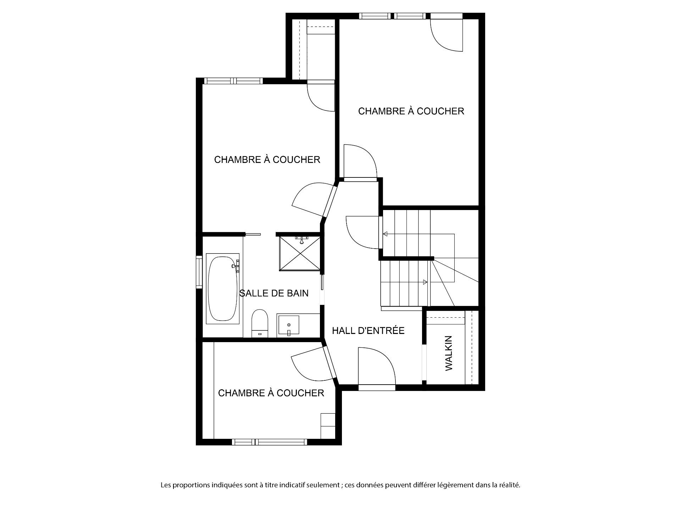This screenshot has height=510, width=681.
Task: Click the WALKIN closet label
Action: [x=449, y=353]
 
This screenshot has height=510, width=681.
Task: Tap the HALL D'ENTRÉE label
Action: [x=368, y=331]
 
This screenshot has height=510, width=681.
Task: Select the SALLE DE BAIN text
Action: [x=274, y=293]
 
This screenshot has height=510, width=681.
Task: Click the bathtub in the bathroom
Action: [x=223, y=288]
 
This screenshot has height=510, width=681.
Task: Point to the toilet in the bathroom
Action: [x=260, y=323]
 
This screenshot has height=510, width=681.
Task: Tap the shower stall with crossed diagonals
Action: [x=300, y=253]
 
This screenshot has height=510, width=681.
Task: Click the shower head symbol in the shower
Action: [x=301, y=240]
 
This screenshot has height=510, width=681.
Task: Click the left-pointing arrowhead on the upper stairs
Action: [x=385, y=234]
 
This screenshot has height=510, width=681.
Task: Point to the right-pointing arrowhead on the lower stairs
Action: [x=425, y=282]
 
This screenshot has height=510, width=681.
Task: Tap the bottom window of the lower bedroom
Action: [x=270, y=442]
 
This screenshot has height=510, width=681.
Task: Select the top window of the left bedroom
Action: [x=234, y=81]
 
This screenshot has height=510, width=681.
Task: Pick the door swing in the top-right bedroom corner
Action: [x=447, y=35]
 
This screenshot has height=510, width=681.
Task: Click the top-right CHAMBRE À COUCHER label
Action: [x=411, y=111]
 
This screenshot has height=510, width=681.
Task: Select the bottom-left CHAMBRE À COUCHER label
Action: [x=271, y=393]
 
